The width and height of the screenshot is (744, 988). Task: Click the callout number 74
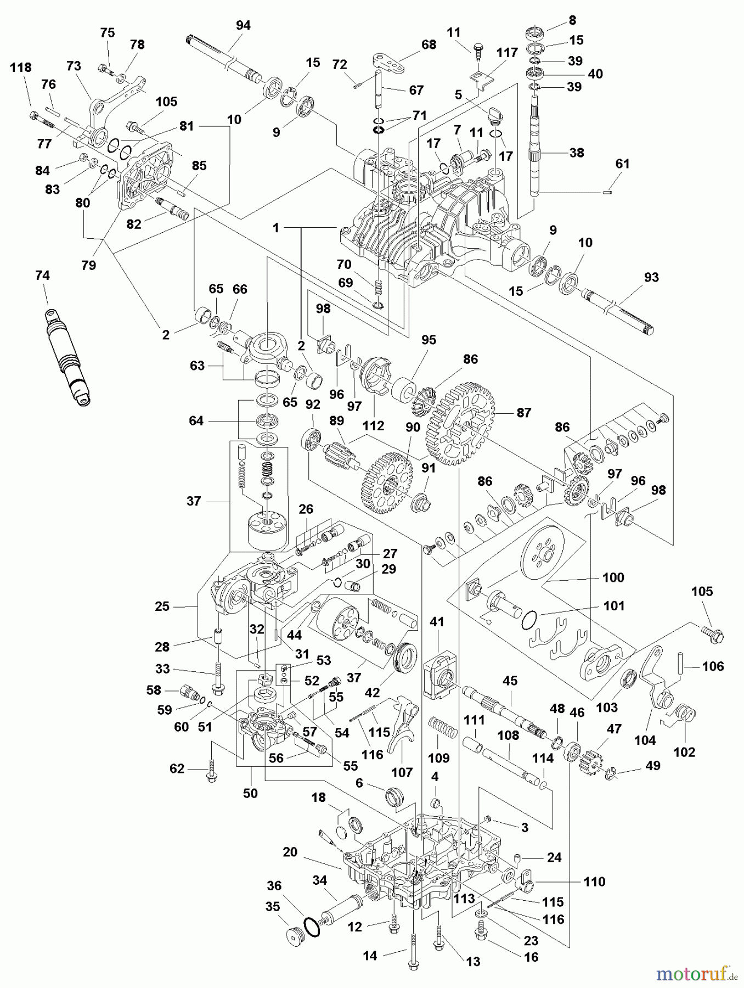(42, 276)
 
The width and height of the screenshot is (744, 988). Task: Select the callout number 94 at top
(243, 26)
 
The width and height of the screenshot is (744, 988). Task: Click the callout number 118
(21, 68)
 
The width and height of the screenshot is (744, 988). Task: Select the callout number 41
(436, 622)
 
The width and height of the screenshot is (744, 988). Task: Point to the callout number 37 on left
(194, 501)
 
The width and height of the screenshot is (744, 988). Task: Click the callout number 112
(373, 425)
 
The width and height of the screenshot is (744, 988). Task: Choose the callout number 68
(429, 44)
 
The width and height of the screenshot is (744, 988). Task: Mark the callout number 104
(645, 740)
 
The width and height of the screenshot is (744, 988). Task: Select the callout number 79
(88, 265)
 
